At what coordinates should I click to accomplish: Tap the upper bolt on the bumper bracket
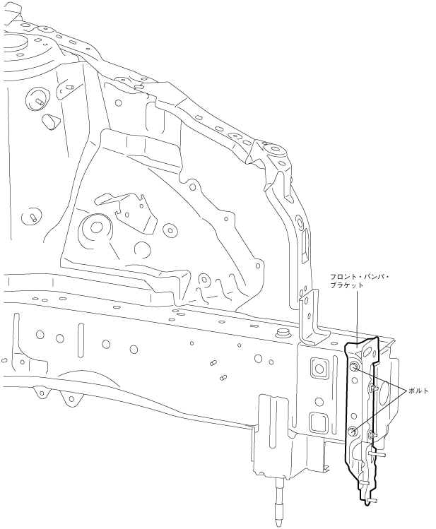(354, 367)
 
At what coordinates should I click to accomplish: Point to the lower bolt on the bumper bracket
(353, 432)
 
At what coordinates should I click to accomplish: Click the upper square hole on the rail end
(317, 367)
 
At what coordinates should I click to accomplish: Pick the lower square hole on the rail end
(317, 422)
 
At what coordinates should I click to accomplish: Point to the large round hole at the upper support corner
(274, 150)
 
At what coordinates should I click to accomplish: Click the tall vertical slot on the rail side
(81, 339)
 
